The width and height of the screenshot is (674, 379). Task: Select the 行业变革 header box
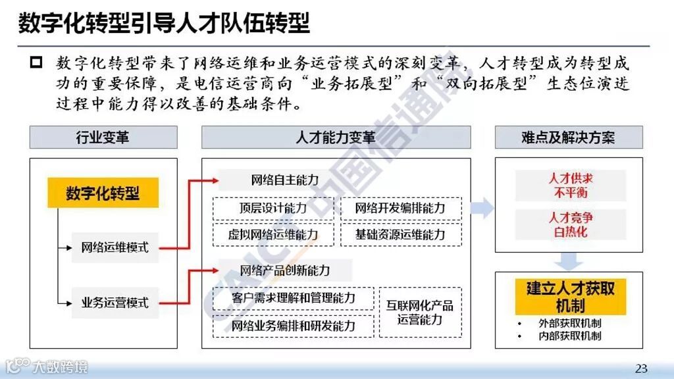103,138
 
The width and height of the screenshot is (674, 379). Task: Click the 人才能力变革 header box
336,138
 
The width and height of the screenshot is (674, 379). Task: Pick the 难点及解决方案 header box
568,138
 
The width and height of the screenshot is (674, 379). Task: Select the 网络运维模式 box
115,247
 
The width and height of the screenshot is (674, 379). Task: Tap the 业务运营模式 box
115,303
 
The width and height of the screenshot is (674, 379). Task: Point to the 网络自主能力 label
285,180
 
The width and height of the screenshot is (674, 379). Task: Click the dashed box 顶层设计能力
272,209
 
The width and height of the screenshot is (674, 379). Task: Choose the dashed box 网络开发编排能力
400,209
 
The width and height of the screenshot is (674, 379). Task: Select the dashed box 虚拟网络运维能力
272,234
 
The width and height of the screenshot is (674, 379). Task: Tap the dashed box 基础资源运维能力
400,234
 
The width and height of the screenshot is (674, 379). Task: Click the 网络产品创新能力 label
285,270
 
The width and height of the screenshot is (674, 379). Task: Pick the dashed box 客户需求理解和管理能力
294,298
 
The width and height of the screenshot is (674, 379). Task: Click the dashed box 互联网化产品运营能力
419,313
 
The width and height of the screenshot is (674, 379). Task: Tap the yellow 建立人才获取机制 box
569,296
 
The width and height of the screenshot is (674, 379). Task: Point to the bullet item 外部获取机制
569,323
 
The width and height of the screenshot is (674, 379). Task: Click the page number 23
641,367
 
